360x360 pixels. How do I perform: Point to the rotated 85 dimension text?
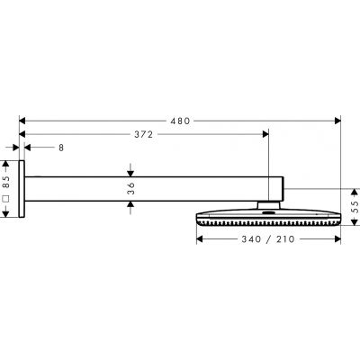7,180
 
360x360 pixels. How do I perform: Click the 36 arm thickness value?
130,188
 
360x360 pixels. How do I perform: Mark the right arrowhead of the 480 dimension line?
338,118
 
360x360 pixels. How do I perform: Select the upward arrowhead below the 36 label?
130,204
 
